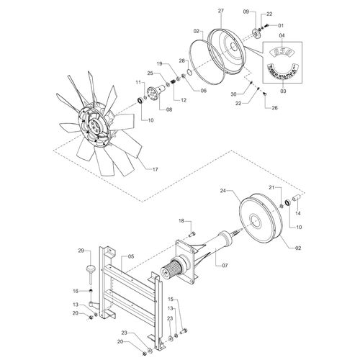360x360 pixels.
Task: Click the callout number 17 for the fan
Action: click(156, 169)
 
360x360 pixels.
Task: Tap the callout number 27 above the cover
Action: click(220, 11)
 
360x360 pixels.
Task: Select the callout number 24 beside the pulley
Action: click(223, 191)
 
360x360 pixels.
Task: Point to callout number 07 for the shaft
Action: click(225, 266)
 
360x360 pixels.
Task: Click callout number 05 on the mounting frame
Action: click(130, 256)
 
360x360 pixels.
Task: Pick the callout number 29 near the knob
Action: click(81, 251)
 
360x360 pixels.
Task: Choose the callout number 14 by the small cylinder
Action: click(297, 213)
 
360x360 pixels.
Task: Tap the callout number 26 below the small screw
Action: click(274, 108)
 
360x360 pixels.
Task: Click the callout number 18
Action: click(181, 221)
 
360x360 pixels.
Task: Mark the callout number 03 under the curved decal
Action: click(283, 91)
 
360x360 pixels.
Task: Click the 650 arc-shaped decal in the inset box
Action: click(282, 52)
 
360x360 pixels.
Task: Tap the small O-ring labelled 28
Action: click(189, 72)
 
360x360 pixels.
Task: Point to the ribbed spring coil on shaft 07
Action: click(171, 269)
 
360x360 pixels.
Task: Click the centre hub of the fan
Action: click(94, 125)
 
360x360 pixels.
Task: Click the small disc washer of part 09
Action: click(256, 33)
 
